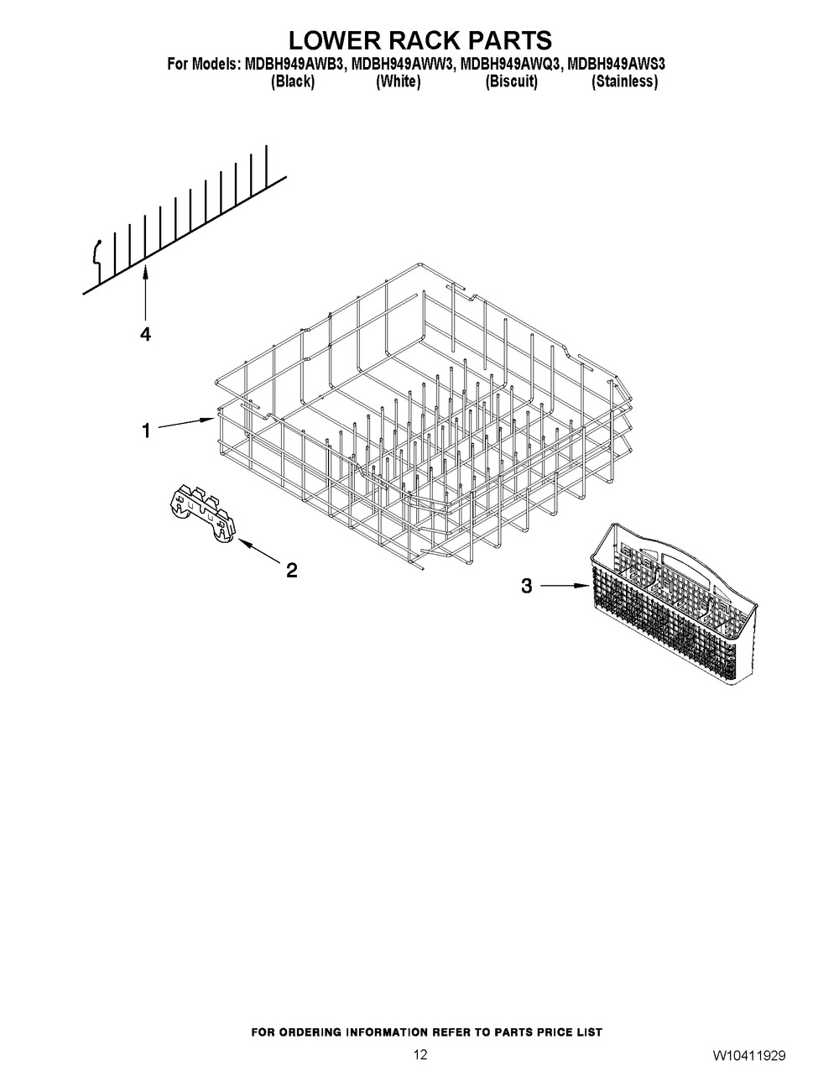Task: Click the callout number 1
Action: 146,431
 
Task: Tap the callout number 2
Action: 292,570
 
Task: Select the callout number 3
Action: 527,586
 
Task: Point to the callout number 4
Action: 145,334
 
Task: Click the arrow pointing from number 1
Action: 186,423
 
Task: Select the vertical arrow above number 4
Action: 145,293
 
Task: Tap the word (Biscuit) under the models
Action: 512,81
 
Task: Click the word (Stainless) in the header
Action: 624,81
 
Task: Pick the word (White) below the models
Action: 398,81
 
